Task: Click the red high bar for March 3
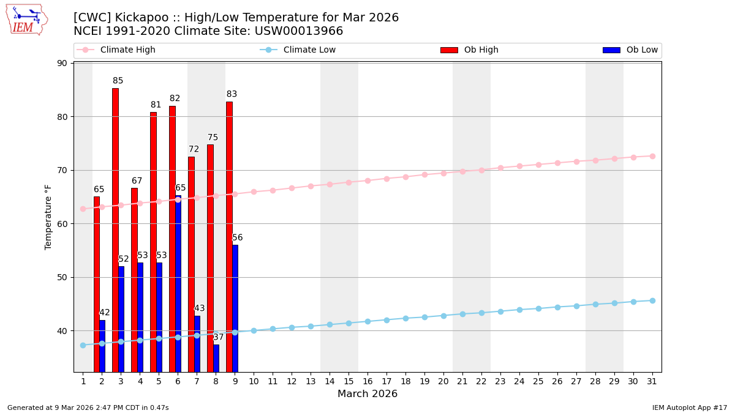point(115,229)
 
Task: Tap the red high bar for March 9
point(229,236)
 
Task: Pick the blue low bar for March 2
point(102,346)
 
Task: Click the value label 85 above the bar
point(118,81)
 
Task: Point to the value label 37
point(219,337)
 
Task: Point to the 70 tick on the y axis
point(62,170)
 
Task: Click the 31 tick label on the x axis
point(652,381)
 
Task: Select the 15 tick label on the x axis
point(349,381)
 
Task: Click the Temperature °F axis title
point(48,217)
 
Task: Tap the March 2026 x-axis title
point(367,394)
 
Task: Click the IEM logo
point(26,20)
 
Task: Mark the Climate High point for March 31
point(652,156)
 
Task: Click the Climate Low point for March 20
point(443,316)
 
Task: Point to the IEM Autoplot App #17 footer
point(689,407)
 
